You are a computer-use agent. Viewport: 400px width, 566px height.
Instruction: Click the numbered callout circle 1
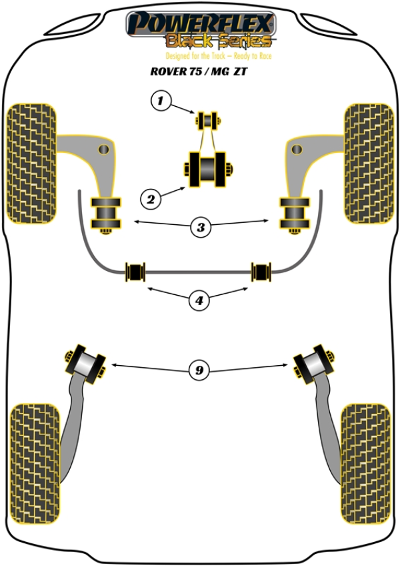[159, 101]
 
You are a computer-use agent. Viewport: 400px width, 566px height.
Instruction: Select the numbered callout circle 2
[151, 198]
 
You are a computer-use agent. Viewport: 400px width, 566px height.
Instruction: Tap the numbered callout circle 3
[200, 228]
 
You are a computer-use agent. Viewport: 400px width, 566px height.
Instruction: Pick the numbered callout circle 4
[198, 301]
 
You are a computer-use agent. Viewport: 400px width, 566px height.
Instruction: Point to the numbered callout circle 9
[198, 369]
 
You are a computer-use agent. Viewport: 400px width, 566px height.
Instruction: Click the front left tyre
[32, 164]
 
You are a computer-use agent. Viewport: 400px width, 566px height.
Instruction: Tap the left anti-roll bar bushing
[135, 271]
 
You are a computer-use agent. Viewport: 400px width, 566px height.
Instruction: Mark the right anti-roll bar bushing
[262, 271]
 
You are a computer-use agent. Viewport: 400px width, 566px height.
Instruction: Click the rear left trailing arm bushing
[85, 363]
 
